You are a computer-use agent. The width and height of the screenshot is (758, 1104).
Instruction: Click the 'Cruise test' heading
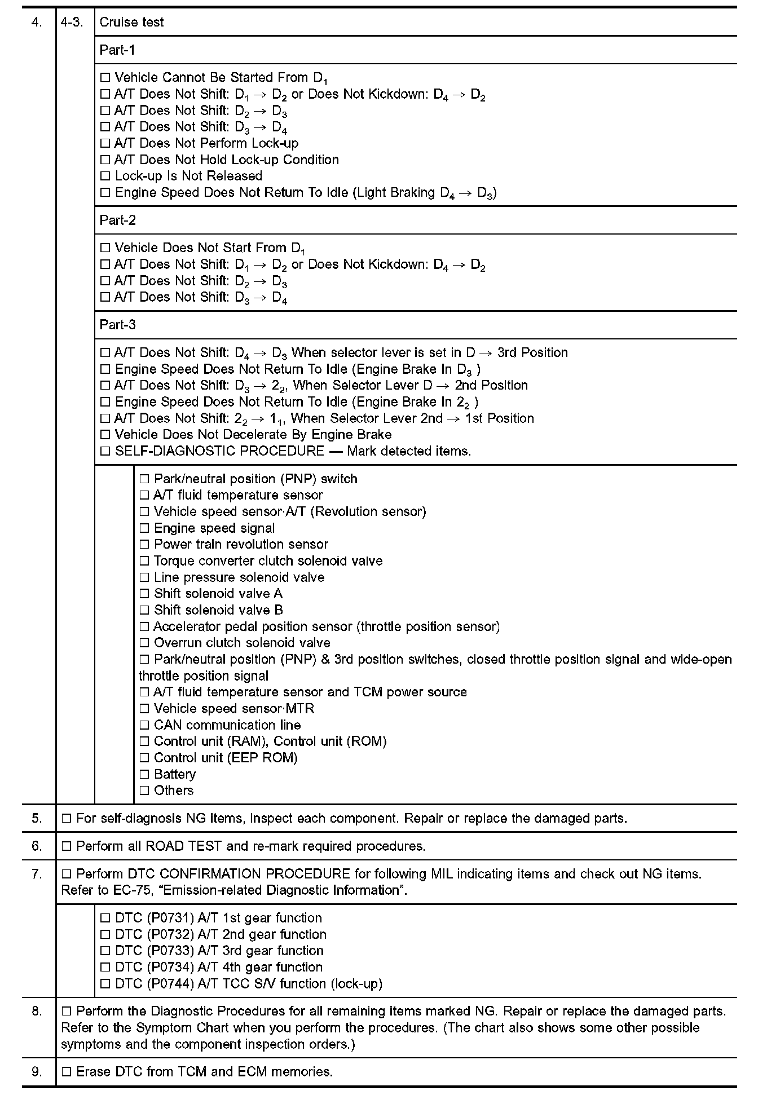(131, 22)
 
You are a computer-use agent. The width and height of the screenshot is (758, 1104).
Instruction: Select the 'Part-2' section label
(117, 220)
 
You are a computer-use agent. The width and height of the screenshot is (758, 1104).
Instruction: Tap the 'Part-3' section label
(117, 325)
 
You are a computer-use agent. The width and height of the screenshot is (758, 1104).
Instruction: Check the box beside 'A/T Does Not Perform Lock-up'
(105, 144)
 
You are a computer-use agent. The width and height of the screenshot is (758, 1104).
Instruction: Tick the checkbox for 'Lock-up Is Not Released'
(105, 176)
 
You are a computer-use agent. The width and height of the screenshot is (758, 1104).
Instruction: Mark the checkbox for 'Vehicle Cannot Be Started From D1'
(105, 78)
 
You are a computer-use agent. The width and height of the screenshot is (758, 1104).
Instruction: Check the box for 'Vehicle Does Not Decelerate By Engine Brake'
(105, 435)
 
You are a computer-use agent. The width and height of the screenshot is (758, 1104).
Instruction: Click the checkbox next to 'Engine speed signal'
(144, 529)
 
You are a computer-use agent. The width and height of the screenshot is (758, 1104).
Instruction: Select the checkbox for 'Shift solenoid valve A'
(144, 594)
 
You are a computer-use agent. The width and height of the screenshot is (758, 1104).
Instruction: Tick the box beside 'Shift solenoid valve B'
(144, 611)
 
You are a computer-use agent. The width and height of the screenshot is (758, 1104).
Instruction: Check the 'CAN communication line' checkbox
(144, 726)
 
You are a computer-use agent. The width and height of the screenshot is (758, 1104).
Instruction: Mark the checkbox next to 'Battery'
(144, 775)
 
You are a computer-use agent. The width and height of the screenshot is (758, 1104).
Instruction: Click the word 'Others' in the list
(174, 791)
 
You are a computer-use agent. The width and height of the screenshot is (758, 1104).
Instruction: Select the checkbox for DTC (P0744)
(105, 984)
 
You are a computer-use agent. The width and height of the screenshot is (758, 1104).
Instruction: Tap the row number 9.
(37, 1071)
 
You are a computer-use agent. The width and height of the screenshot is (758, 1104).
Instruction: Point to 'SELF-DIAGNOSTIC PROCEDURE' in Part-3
(219, 451)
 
